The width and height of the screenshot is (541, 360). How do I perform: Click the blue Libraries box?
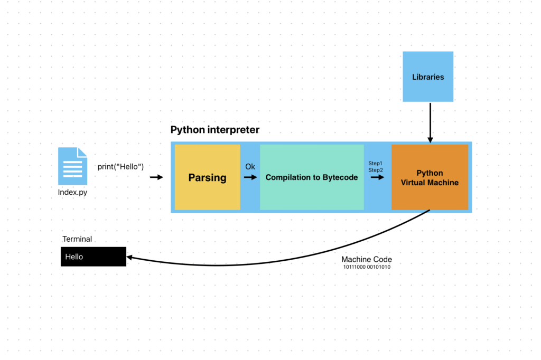428,77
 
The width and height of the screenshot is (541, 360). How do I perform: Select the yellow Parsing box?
207,177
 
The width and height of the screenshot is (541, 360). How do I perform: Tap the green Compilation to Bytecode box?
312,177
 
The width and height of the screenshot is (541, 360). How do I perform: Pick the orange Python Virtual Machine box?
430,177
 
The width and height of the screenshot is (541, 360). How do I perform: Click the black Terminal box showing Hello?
94,257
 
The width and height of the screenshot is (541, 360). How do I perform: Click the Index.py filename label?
72,193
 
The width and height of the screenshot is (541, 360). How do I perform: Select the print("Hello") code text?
121,167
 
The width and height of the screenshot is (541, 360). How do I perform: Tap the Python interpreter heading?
215,130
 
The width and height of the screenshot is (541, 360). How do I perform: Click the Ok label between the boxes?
250,167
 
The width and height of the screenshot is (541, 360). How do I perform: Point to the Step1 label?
376,163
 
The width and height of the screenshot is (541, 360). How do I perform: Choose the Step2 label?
376,169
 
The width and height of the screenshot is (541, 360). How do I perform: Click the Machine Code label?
367,260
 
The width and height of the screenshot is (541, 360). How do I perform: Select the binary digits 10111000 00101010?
367,267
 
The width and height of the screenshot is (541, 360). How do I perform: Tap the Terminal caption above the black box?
77,239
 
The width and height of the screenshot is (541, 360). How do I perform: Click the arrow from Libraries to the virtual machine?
430,122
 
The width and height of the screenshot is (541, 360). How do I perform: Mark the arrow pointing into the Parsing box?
157,177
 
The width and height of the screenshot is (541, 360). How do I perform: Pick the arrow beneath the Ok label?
250,177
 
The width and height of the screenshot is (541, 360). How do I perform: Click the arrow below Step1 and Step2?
377,177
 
